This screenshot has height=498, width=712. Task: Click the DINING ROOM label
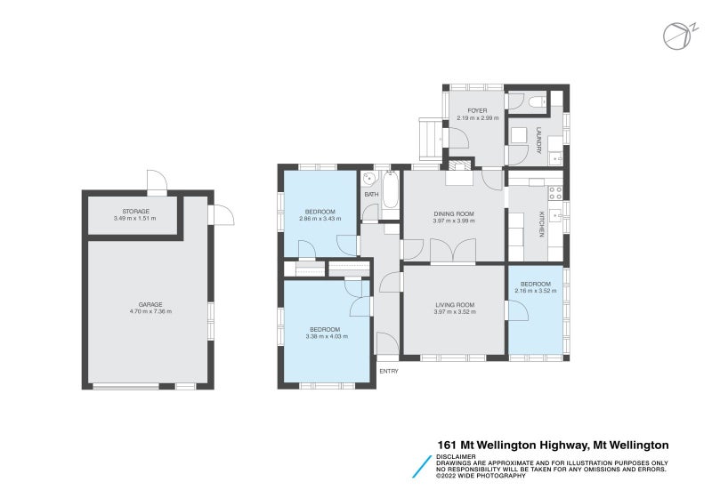click(x=453, y=213)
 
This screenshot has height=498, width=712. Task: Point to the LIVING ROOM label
click(x=454, y=305)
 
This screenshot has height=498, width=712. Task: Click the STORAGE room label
click(x=135, y=212)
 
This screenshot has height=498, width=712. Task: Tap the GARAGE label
click(x=150, y=304)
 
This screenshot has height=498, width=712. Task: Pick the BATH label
click(x=371, y=194)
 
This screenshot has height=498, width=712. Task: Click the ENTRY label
click(x=388, y=371)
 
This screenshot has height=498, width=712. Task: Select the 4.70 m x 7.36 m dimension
click(x=150, y=311)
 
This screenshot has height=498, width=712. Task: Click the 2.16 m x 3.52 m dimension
click(x=536, y=291)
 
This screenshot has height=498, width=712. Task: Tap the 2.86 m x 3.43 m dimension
click(x=318, y=219)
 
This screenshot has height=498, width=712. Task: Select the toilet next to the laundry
click(x=537, y=104)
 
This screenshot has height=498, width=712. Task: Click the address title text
click(x=553, y=445)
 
